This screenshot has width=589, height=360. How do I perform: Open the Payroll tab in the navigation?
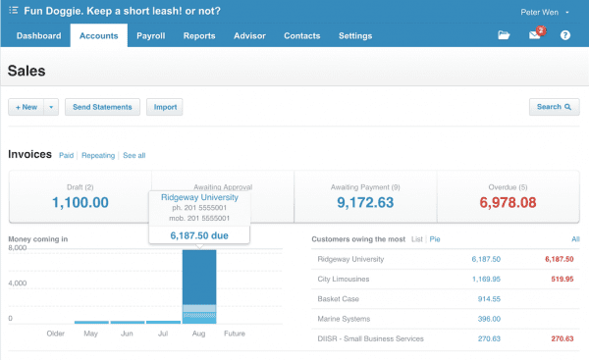pos(150,35)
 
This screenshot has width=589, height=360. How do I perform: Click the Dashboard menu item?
pos(38,35)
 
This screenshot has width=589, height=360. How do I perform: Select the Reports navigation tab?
pos(199,35)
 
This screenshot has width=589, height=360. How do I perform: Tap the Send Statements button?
pos(102,107)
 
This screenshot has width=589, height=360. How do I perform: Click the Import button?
pos(165,107)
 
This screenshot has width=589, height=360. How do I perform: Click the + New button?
pos(27,107)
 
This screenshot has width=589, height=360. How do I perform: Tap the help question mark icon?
pos(565,35)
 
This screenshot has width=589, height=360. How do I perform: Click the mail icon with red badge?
pos(536,33)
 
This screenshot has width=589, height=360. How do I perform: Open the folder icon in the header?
pos(504,35)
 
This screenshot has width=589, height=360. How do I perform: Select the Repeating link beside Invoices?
pos(98,155)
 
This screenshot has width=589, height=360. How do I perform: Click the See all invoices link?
pos(134,155)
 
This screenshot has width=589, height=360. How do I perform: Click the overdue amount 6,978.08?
pos(508,203)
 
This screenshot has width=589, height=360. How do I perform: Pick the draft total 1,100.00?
pos(80,203)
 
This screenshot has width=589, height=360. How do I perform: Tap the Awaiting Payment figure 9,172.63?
pos(365,203)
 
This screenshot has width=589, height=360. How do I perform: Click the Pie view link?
pos(435,239)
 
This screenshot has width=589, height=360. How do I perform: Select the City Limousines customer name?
pos(344,279)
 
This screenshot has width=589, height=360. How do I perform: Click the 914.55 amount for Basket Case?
pos(489,299)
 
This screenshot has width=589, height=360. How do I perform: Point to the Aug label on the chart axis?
pos(198,334)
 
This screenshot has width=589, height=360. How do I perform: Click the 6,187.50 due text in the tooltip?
pos(199,235)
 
